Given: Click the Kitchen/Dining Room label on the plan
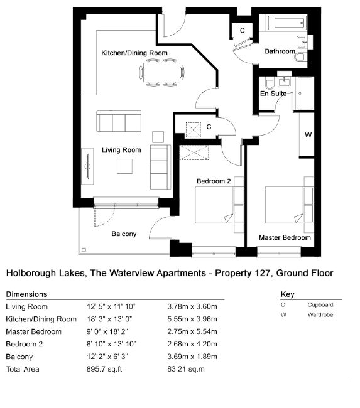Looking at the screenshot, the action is coord(134,53).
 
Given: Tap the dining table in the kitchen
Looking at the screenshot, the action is coord(161,72).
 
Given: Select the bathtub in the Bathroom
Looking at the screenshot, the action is coord(286,23).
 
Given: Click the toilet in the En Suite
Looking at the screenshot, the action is coord(269,83).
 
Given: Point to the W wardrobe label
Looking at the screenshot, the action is coord(308,135).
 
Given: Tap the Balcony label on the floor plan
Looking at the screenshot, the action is coord(124,234).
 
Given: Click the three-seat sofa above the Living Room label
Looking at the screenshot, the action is coord(119,121).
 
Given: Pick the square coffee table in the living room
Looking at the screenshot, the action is coord(124,166).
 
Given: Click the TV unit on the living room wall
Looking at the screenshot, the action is coord(87,166).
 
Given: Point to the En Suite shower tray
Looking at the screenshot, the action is coord(304,93).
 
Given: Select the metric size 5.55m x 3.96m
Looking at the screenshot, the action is coord(192,319).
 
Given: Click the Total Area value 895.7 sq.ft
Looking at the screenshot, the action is coord(104,369).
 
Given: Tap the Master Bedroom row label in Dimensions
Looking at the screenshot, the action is coord(33,331).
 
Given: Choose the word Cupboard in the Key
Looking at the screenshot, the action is coord(320,304).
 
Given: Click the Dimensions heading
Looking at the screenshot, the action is coord(26,294).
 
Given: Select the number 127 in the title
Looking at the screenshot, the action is coord(263,273).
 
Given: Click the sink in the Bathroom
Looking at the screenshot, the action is coord(302,42).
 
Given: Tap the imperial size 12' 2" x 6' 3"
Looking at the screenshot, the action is coord(107,357).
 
